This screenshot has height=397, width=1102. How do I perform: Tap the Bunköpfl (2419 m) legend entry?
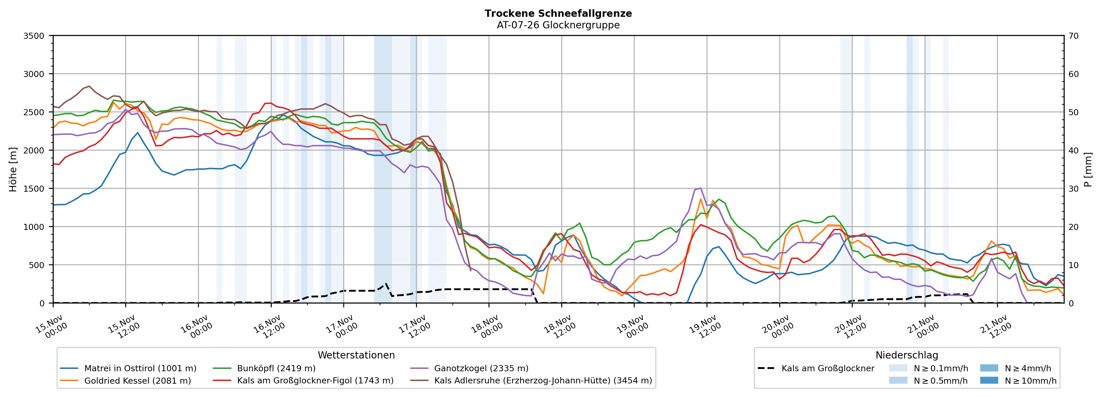point(276,368)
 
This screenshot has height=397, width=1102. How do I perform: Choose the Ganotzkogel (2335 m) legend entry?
point(481,368)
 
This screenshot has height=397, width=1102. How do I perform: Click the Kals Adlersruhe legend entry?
point(542,381)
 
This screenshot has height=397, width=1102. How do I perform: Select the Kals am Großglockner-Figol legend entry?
point(315,381)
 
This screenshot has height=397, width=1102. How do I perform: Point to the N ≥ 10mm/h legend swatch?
point(989,380)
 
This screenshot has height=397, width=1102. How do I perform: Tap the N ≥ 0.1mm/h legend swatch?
point(898,368)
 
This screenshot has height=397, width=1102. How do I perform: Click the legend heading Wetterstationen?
point(356,355)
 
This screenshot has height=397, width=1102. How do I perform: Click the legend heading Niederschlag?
point(907,355)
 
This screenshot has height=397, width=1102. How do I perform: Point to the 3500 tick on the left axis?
point(34,36)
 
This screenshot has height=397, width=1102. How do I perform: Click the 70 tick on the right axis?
point(1073,36)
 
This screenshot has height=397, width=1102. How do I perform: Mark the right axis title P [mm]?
point(1088,170)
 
